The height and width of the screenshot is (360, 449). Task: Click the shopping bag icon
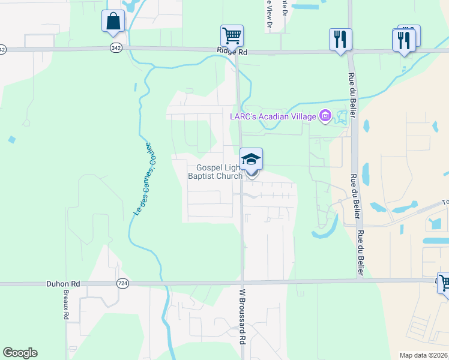tap(113, 21)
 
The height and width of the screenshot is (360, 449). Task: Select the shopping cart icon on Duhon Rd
tap(445, 283)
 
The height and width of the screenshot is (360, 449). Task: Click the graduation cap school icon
tap(252, 160)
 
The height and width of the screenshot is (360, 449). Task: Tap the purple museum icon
tap(325, 115)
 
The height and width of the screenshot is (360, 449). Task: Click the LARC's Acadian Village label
tap(273, 116)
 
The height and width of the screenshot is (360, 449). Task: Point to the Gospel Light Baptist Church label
tap(215, 172)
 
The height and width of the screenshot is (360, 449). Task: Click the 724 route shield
tap(122, 283)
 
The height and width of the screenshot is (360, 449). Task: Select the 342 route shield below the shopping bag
tap(115, 47)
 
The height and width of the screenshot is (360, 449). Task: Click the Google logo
tap(20, 353)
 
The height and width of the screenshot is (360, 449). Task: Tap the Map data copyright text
tap(424, 355)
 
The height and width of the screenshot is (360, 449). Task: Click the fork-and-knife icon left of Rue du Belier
tap(340, 40)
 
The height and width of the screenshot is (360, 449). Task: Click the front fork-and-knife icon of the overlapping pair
tap(403, 41)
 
